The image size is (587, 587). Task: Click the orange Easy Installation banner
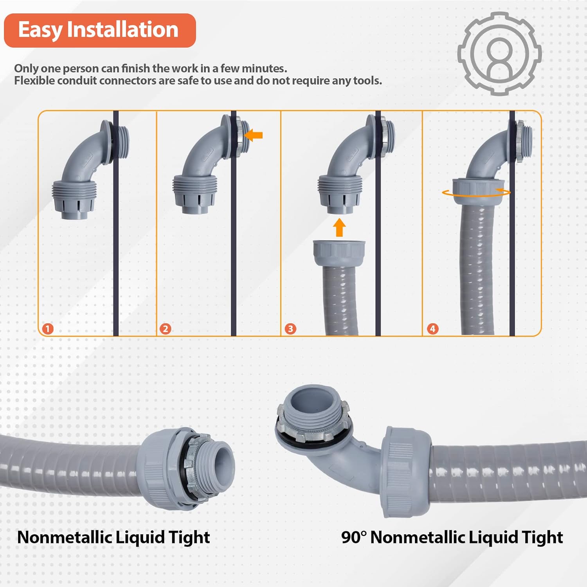pos(99,31)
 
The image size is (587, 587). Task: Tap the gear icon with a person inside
pos(499,54)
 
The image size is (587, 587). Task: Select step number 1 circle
pos(48,328)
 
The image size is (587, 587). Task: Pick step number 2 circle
pos(165,328)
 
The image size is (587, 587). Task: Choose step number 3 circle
pos(290,328)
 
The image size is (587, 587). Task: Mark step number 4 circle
pos(432,328)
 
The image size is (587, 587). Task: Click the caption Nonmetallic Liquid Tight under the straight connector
pos(113,537)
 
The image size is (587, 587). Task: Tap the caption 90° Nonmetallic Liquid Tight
pos(452,537)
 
